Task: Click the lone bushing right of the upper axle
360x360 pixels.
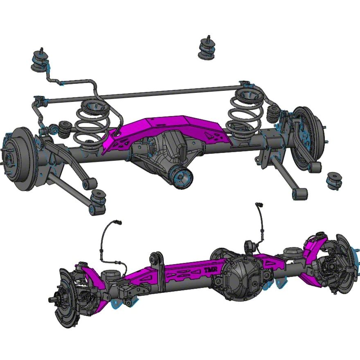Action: pos(335,180)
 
